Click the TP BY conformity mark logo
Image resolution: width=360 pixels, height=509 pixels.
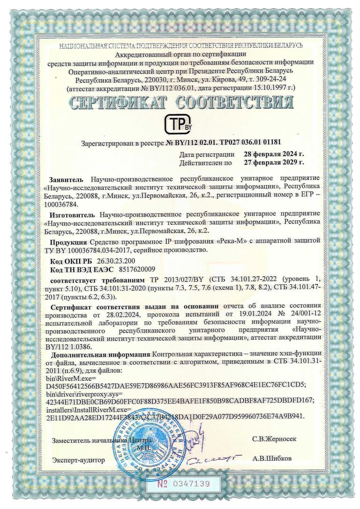pyautogui.click(x=180, y=123)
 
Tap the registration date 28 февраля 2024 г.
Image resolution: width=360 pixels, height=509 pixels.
pyautogui.click(x=274, y=154)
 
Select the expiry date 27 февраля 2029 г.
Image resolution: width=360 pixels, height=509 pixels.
pyautogui.click(x=274, y=163)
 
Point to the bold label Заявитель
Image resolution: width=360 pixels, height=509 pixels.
pyautogui.click(x=66, y=179)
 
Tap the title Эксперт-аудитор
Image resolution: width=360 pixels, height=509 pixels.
pyautogui.click(x=79, y=460)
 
